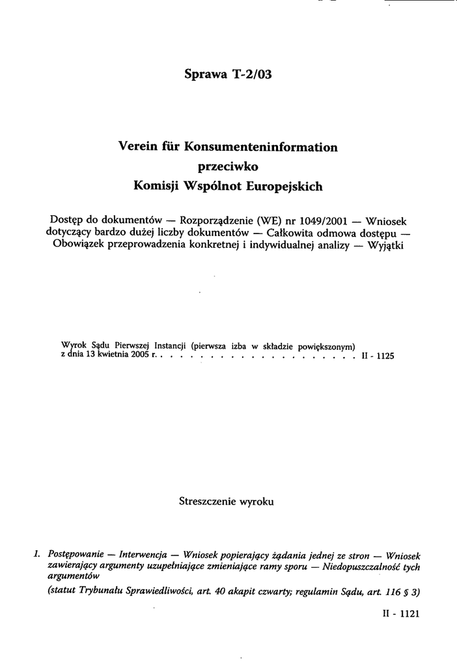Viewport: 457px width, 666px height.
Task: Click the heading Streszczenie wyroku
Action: (x=226, y=501)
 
